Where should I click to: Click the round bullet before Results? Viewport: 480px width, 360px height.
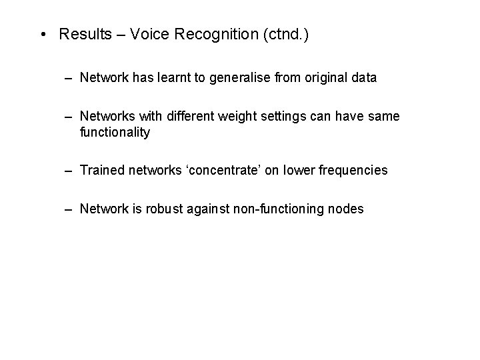tap(43, 35)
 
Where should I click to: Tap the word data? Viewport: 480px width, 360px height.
tap(363, 78)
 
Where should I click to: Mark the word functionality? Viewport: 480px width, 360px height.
tap(115, 132)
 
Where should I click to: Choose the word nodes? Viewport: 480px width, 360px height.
tap(346, 209)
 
